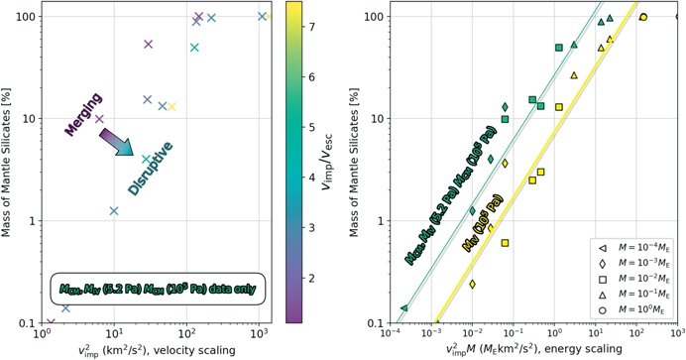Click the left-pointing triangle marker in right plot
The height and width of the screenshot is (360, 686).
(x=403, y=309)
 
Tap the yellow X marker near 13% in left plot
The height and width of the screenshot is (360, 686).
(x=171, y=107)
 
